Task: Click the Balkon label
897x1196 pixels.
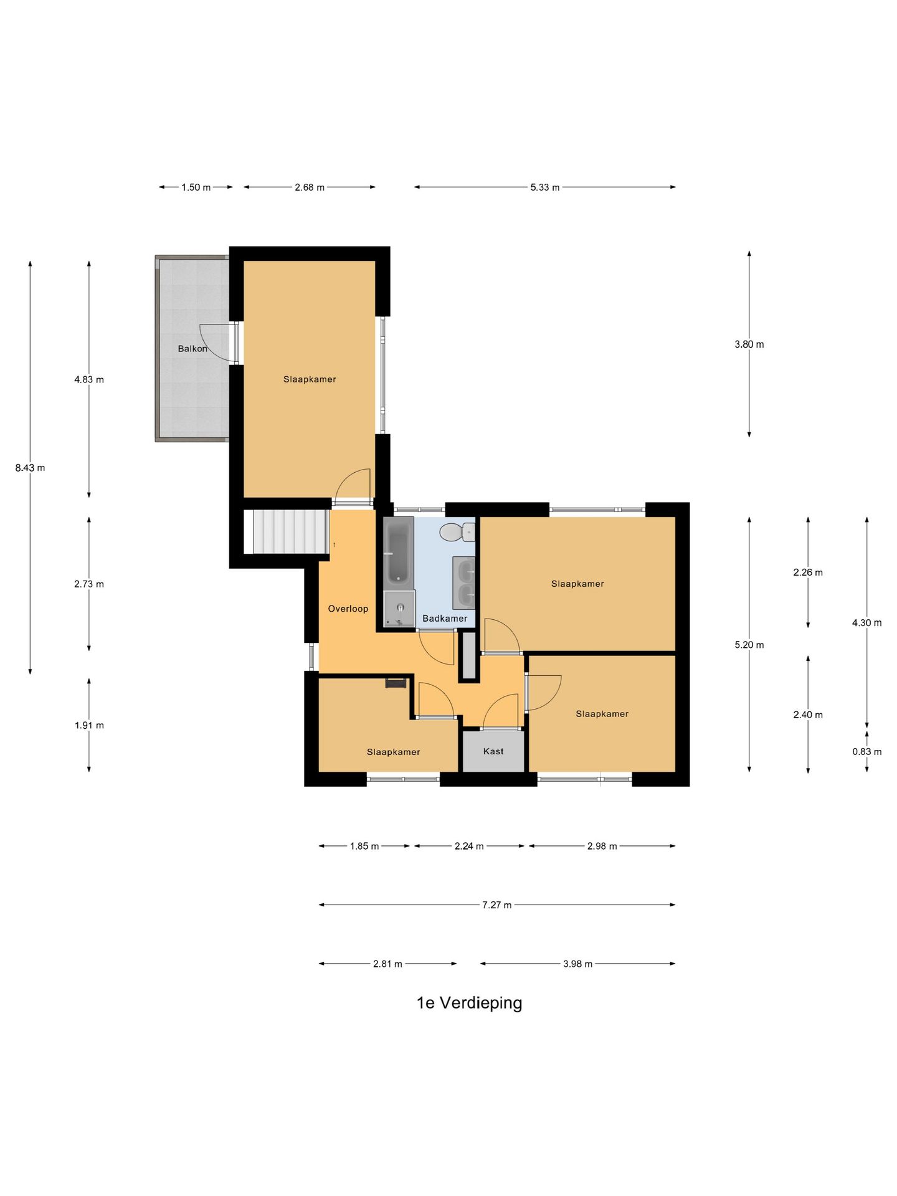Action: (192, 349)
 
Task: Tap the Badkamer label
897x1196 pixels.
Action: (445, 619)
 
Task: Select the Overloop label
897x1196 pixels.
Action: (348, 609)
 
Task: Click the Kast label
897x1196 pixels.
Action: (493, 751)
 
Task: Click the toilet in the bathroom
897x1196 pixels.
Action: (457, 533)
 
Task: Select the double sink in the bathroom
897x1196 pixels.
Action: (463, 583)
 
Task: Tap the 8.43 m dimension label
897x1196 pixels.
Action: (31, 468)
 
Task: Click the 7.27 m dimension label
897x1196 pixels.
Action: (497, 905)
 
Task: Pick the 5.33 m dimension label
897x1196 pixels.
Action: (545, 187)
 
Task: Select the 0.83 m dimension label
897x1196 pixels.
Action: (867, 752)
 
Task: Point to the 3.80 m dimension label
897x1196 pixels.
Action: (749, 344)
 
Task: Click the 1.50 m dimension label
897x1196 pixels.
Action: (196, 187)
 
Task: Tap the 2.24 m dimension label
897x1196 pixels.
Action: (469, 847)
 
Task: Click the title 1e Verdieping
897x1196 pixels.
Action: (470, 1003)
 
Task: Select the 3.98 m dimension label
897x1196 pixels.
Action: (578, 964)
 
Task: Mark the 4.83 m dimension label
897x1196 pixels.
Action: (89, 380)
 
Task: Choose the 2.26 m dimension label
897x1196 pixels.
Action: (808, 572)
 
